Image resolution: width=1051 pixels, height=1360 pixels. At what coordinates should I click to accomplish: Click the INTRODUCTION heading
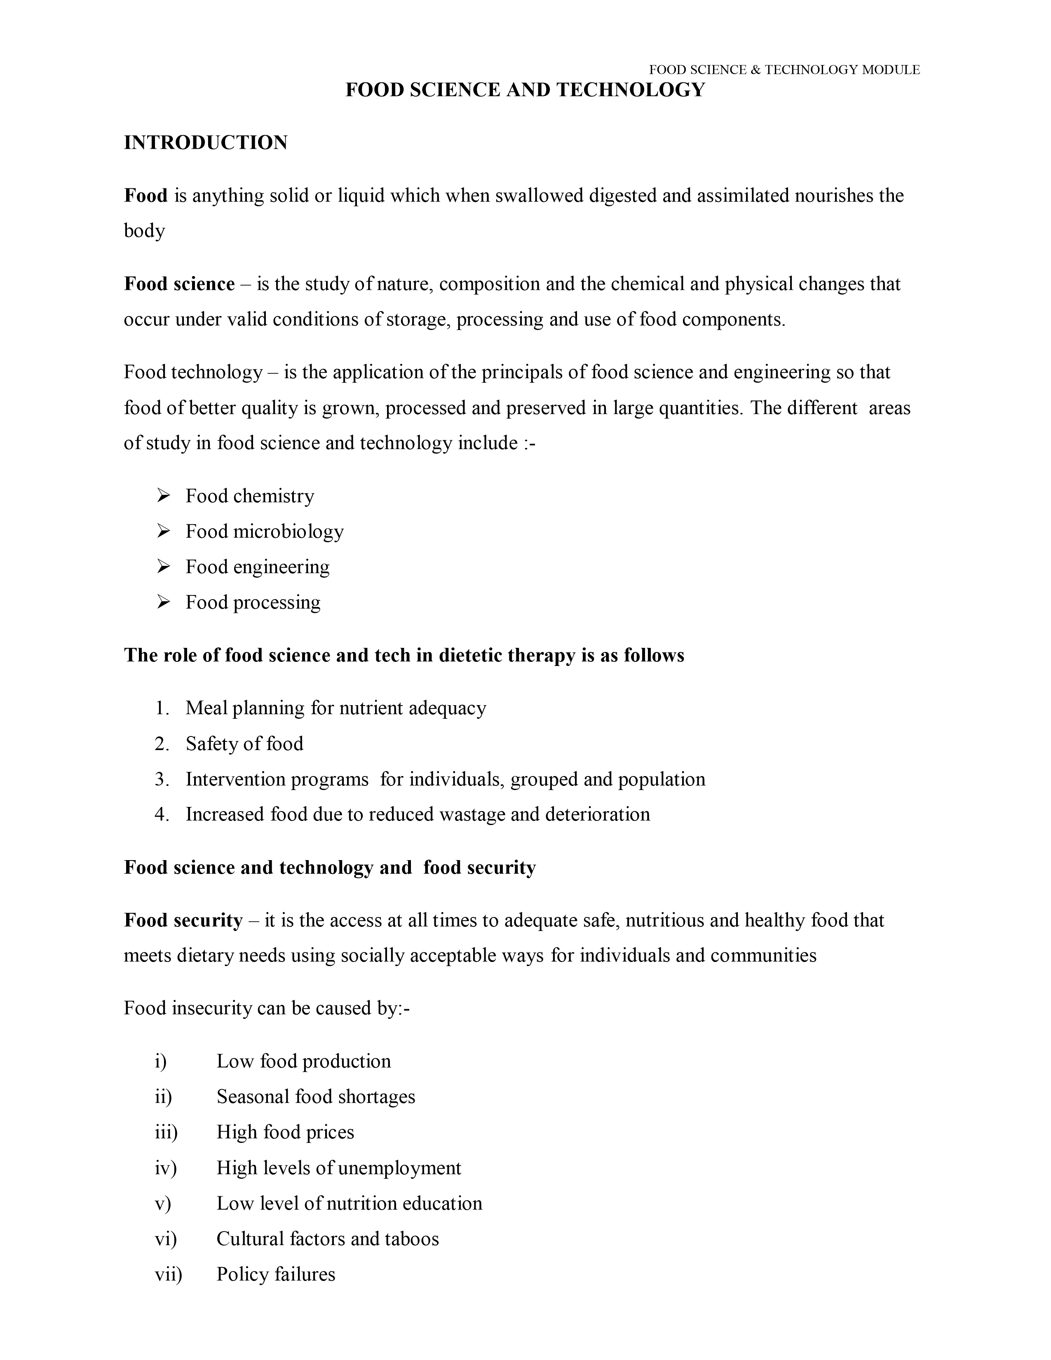pyautogui.click(x=206, y=143)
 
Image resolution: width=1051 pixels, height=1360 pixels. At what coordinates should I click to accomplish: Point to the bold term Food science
pyautogui.click(x=179, y=284)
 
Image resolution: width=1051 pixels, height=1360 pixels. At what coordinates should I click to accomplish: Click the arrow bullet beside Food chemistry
pyautogui.click(x=163, y=496)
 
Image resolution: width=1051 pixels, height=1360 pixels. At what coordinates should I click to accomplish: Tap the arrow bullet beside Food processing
pyautogui.click(x=163, y=602)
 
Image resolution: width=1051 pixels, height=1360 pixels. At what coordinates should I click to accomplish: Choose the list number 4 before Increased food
pyautogui.click(x=162, y=814)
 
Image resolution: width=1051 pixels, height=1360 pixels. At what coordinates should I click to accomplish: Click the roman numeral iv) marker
pyautogui.click(x=166, y=1168)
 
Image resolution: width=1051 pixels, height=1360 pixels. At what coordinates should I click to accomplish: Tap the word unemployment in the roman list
pyautogui.click(x=401, y=1168)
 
